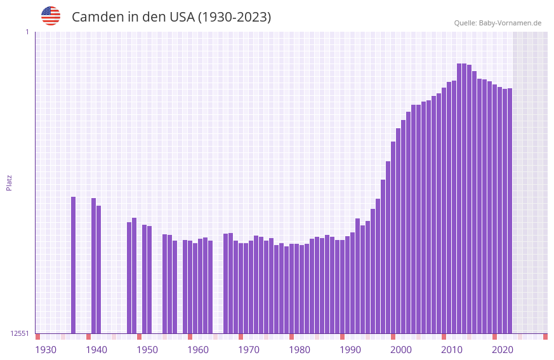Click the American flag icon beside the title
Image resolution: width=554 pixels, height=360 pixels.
coord(51,16)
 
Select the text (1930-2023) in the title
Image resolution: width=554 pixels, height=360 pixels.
coord(234,17)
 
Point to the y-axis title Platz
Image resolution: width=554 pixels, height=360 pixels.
coord(9,182)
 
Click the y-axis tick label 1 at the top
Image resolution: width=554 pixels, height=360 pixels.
coord(27,32)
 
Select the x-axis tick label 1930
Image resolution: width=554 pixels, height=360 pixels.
coord(46,350)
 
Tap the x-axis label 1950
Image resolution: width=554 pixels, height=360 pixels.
coord(147,350)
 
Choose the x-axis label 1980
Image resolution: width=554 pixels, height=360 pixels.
coord(300,350)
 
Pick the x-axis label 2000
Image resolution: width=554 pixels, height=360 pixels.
coord(401,350)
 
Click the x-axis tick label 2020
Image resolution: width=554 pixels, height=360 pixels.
coord(503,350)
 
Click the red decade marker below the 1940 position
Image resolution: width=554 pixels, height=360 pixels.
coord(88,337)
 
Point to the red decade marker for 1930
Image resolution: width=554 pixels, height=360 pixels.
coord(37,337)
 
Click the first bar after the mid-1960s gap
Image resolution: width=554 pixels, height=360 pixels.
coord(225,283)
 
